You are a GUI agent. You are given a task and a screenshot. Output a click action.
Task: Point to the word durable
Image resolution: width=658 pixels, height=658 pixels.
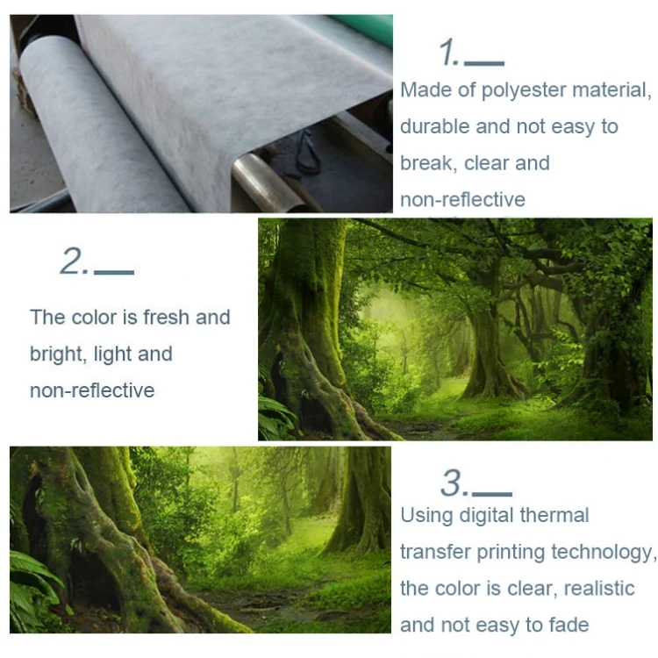(x=435, y=126)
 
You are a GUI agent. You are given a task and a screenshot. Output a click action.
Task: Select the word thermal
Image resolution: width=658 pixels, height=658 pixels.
(x=554, y=515)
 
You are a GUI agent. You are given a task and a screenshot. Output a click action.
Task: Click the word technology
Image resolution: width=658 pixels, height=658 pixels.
(x=604, y=553)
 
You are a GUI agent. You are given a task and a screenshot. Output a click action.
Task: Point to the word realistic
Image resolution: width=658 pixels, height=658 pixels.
(x=599, y=589)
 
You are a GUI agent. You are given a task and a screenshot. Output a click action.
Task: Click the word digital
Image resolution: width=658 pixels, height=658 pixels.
(x=487, y=516)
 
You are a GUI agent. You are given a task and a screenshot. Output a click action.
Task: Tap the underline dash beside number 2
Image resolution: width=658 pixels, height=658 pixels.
(x=114, y=272)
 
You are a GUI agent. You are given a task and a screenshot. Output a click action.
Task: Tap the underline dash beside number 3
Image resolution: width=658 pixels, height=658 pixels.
(x=492, y=494)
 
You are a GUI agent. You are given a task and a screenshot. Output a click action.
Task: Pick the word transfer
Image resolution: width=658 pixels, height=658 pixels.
(x=435, y=552)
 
